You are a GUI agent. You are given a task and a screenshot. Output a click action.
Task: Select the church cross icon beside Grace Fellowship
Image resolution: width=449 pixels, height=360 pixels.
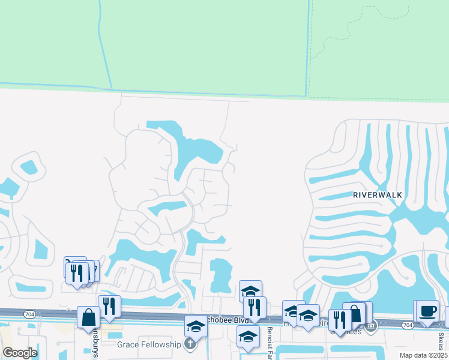190,344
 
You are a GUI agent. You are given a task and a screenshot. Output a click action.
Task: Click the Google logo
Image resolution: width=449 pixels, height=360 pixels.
20,353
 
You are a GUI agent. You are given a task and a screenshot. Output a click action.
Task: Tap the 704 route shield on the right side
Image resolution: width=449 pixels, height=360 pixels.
408,325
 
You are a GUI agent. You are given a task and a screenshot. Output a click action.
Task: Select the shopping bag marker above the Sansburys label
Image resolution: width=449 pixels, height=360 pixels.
89,317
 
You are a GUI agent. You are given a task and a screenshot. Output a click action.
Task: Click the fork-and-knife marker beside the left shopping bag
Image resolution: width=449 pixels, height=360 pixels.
109,306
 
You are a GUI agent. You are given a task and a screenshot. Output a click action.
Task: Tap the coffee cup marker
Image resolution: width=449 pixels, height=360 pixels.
427,311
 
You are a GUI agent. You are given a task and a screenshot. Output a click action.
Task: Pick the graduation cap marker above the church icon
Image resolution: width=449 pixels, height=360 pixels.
196,326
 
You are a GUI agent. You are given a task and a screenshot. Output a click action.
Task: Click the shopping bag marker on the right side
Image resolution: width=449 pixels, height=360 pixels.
354,314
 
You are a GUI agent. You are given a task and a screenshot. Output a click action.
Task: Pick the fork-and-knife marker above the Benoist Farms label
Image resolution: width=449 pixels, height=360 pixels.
255,307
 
